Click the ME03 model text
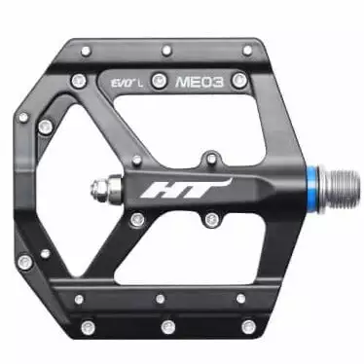(x=199, y=83)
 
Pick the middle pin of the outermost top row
(x=168, y=48)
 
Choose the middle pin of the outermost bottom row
(x=167, y=325)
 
